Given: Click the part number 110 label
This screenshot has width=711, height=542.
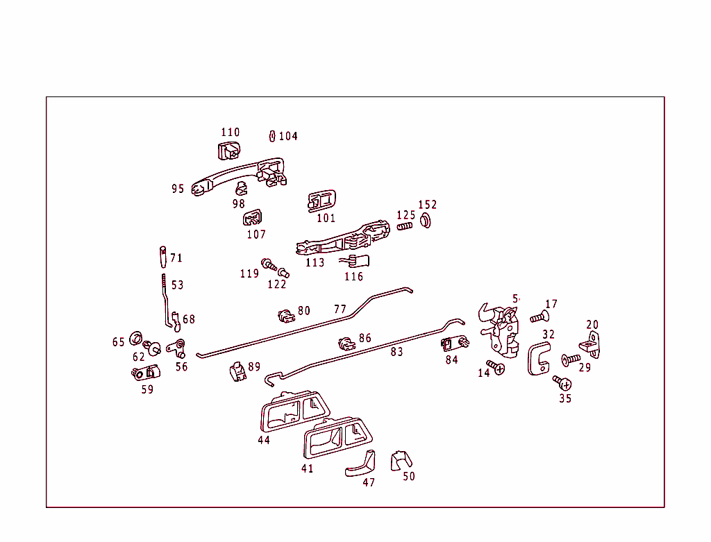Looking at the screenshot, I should (230, 132).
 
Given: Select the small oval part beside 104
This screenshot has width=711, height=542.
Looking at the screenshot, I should (273, 135).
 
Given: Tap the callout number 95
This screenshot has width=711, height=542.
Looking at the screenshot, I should (178, 189).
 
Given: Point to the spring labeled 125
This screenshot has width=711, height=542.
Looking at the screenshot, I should (405, 226).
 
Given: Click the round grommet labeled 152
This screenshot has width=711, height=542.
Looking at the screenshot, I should (426, 221).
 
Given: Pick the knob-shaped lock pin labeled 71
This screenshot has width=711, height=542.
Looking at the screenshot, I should (162, 256).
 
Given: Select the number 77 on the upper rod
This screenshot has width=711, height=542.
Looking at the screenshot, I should (340, 310).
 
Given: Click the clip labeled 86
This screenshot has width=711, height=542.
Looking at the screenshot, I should (346, 342).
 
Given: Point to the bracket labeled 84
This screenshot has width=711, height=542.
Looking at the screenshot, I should (453, 343).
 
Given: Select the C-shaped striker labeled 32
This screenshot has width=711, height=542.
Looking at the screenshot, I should (537, 360).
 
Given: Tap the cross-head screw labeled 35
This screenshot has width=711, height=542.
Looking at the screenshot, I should (563, 382).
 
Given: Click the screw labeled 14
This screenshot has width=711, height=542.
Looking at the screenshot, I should (496, 366).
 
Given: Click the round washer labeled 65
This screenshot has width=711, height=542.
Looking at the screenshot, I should (136, 340).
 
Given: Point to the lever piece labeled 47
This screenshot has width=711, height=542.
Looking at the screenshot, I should (361, 464).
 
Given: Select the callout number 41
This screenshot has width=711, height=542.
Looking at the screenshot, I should (307, 468).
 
